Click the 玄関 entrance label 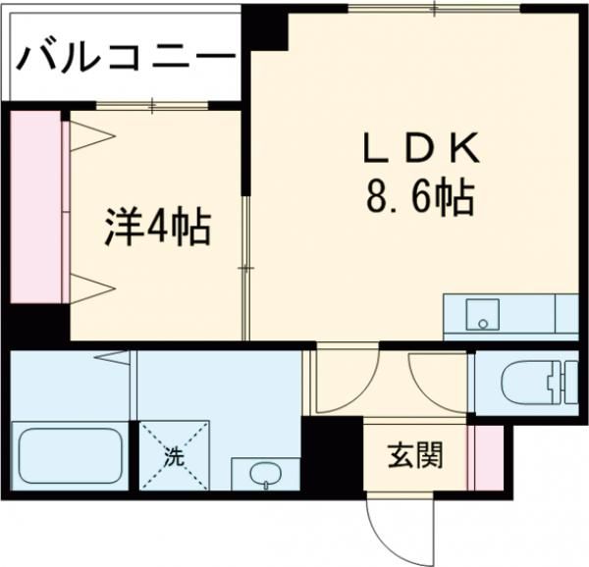(414, 453)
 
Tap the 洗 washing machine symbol (173, 455)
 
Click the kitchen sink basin (480, 317)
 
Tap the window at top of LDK (433, 9)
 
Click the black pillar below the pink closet (36, 324)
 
